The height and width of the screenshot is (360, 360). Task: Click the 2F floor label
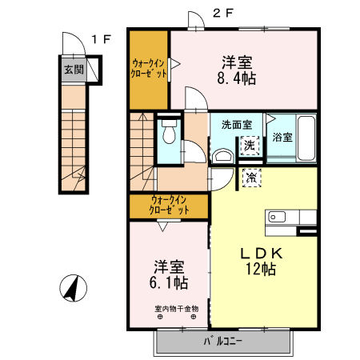222,12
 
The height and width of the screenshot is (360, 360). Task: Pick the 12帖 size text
261,270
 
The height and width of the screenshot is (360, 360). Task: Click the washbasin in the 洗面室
224,155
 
